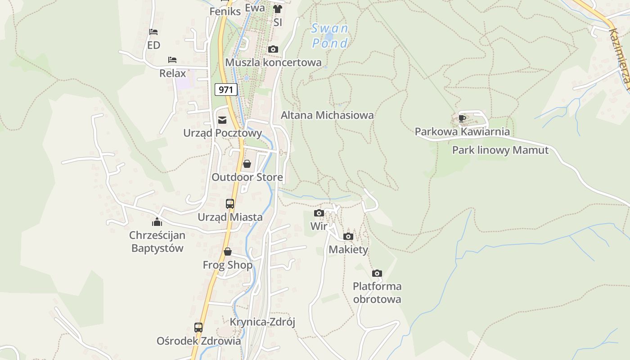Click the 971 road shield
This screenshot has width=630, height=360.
coord(225,90)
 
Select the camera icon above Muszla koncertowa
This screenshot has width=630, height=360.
coord(273,49)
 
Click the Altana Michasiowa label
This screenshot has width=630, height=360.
coord(327,115)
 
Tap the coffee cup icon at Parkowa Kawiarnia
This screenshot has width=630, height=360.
coord(462,118)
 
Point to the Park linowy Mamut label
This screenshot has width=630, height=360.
coord(500,150)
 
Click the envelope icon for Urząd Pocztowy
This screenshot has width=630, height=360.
coord(222,120)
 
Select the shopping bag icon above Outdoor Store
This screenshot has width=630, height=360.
coord(247,164)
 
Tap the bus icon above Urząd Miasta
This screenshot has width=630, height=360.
coord(230,204)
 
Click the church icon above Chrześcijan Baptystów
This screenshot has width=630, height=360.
coord(157,221)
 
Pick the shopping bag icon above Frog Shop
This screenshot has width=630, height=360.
coord(228,252)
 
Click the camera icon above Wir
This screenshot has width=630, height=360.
coord(319,213)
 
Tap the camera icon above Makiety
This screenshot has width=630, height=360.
coord(348,236)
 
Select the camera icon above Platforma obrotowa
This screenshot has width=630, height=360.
coord(377,273)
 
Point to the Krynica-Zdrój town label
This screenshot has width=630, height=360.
coord(262,322)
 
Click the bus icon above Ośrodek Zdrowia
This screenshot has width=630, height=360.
coord(198,328)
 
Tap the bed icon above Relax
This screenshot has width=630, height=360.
coord(172,59)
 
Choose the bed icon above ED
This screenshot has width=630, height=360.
coord(153,32)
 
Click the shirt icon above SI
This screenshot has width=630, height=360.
coord(277,9)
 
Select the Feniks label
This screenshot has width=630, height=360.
coord(225,11)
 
